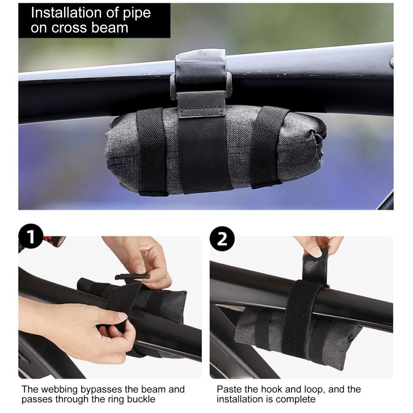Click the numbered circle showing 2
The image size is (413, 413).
[222, 239]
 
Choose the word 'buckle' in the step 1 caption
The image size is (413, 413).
[142, 399]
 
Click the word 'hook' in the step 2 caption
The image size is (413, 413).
[273, 389]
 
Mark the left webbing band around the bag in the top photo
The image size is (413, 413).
[152, 152]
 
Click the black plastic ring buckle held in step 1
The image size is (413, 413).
[132, 276]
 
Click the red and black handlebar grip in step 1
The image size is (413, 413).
[54, 240]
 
